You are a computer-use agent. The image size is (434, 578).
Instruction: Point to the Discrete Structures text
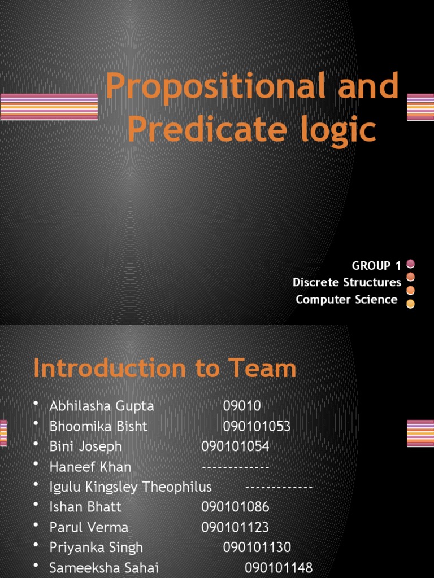(347, 282)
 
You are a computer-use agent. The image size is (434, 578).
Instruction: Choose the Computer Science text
(346, 299)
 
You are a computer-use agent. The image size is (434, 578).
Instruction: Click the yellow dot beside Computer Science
(411, 304)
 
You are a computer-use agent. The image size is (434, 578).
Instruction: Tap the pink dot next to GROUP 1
(411, 264)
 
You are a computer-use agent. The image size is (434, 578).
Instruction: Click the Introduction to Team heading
(164, 369)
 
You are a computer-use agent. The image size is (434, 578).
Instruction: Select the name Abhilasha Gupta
(102, 406)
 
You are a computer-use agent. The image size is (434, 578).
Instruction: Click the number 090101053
(257, 426)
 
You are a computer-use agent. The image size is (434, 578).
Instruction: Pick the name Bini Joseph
(86, 446)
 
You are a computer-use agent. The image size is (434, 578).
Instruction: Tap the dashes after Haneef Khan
(235, 467)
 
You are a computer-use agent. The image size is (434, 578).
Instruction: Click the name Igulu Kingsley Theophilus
(131, 487)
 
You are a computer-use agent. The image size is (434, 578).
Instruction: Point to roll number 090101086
(235, 507)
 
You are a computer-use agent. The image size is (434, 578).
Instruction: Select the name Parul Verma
(89, 527)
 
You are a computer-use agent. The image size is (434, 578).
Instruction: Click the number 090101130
(257, 547)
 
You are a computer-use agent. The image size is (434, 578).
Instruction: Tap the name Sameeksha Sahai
(104, 567)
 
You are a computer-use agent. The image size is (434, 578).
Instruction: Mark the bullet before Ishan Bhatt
(37, 505)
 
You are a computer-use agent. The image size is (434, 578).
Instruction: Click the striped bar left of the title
(49, 107)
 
